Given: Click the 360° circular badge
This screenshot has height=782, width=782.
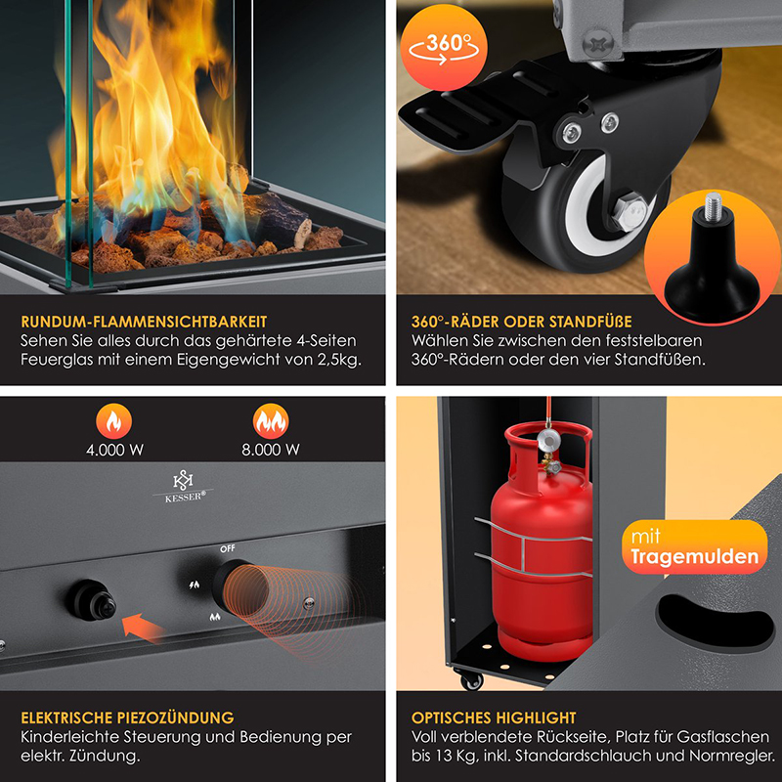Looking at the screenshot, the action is coord(444,48).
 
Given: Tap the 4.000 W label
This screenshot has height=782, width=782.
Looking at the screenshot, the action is coord(114,450).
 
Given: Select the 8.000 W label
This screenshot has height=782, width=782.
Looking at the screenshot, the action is coord(271,450).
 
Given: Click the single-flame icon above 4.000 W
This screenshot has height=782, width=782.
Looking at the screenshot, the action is coord(114,421).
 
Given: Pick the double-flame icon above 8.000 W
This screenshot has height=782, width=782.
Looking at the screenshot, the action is coord(271,421).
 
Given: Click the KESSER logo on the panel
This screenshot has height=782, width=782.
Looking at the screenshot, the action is coord(184,486).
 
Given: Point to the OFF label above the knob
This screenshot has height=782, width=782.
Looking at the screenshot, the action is coord(228,548).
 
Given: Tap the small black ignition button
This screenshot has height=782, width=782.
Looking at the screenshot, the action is coord(92,600).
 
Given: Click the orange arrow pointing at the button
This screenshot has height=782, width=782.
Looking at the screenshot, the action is coord(143,628).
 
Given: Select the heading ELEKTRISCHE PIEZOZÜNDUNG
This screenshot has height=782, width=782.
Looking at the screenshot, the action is coord(127,717).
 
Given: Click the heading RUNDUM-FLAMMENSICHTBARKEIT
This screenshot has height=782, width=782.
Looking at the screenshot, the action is coord(144,322).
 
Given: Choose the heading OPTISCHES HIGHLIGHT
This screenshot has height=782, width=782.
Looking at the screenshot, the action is coord(494,717).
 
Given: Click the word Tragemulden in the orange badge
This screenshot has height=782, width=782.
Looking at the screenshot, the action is coord(694,557).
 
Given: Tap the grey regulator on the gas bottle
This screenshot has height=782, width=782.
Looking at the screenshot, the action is coord(548,439).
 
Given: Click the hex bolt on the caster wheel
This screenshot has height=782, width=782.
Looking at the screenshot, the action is coord(630,212).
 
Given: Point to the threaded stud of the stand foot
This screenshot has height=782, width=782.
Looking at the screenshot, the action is coord(713,206).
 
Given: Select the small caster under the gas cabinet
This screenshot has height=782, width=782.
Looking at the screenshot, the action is coord(471,679).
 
